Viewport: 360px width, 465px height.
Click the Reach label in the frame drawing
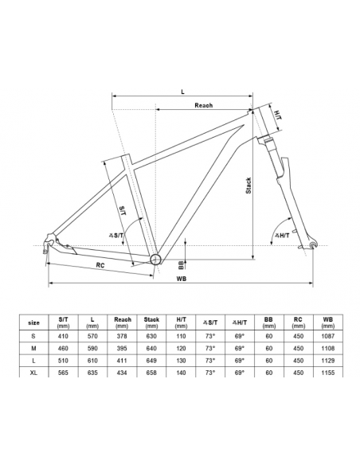click(x=203, y=105)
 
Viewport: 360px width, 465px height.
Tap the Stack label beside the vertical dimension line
click(x=248, y=186)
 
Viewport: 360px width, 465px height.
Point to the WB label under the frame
click(x=181, y=279)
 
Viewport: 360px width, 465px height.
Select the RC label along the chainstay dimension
click(x=100, y=265)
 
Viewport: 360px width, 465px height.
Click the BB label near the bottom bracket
click(x=181, y=265)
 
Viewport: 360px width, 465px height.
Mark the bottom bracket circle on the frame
click(x=155, y=260)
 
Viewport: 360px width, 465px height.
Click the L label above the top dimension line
click(x=182, y=92)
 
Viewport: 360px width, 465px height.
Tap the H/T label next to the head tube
click(x=277, y=115)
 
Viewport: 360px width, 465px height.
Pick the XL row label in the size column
click(x=33, y=373)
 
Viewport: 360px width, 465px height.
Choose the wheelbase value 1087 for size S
click(x=327, y=336)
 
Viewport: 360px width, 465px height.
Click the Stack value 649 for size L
click(x=151, y=361)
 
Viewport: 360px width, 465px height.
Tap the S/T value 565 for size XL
click(x=63, y=373)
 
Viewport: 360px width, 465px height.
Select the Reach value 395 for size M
click(x=122, y=349)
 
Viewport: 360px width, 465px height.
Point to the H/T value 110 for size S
click(x=181, y=336)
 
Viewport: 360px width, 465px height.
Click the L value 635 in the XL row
click(x=92, y=373)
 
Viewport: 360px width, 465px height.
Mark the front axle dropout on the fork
click(x=312, y=244)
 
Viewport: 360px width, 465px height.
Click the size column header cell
click(x=33, y=322)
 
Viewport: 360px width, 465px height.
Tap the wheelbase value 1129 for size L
click(x=327, y=361)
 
